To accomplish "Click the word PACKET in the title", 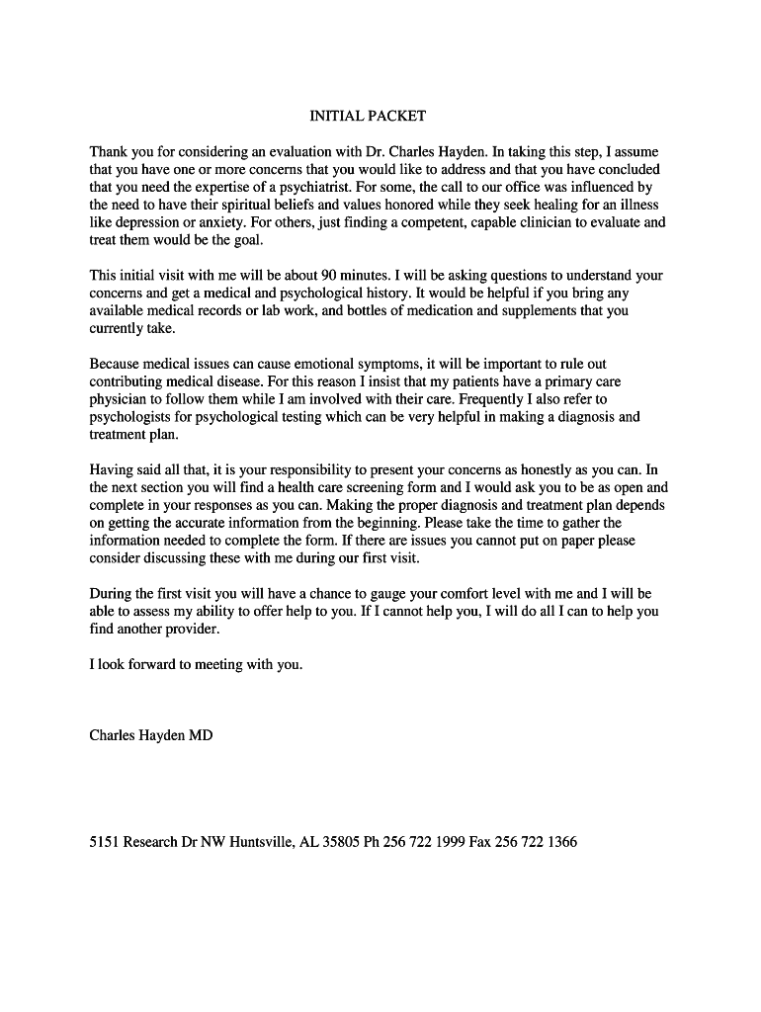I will (x=396, y=116).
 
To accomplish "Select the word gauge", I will (x=389, y=594).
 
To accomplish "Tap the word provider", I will (x=189, y=630).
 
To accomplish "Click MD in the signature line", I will (x=201, y=735).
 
